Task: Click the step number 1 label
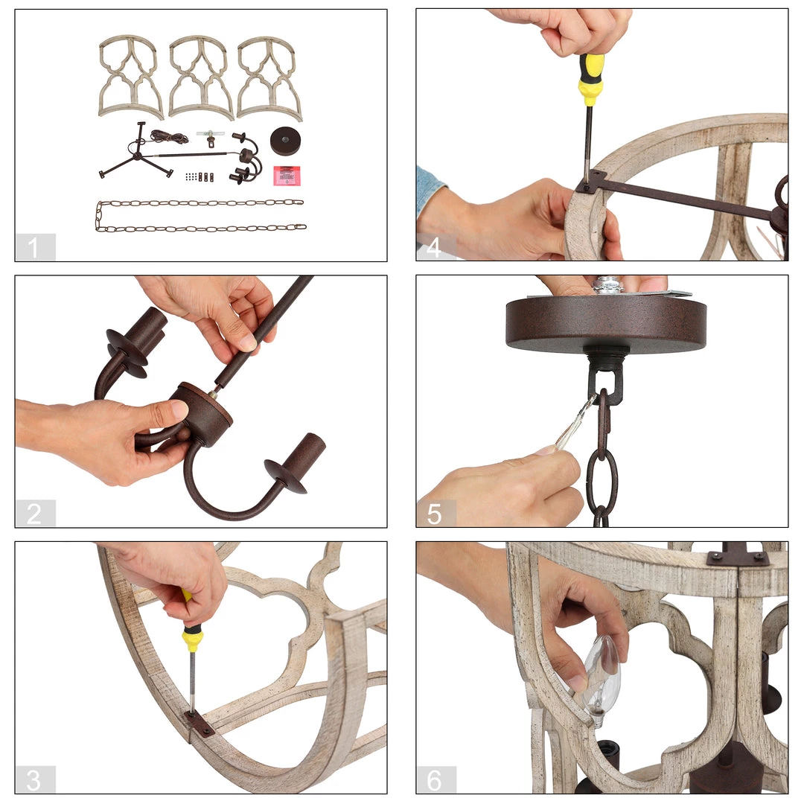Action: click(33, 248)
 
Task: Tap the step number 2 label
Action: click(33, 514)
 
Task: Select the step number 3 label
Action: click(33, 780)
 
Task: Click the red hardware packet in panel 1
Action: click(287, 176)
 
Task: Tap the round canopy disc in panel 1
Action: click(285, 141)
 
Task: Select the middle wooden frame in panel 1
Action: click(200, 77)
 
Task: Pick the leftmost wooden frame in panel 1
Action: click(130, 77)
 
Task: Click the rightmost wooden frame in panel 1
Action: click(269, 78)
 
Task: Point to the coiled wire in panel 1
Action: click(169, 137)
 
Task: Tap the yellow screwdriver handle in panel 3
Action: click(191, 625)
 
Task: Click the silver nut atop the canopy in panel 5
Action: click(608, 285)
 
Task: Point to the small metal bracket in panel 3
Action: click(199, 724)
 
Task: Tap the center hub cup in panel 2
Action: click(201, 413)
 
